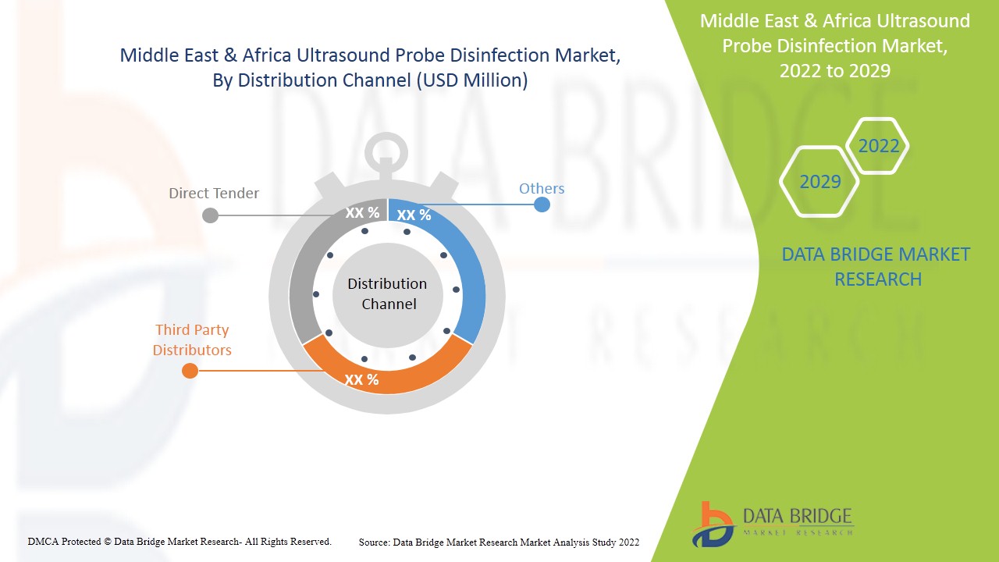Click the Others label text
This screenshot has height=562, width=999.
542,188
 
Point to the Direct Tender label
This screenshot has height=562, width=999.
214,193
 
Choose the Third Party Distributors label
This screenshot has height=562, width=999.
192,340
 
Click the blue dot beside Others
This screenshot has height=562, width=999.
542,205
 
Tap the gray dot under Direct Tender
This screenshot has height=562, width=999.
210,215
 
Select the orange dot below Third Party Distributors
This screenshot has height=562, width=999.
190,370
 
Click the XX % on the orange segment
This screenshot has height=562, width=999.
362,379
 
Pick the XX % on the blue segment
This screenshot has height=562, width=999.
414,215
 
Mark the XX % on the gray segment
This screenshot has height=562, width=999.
362,212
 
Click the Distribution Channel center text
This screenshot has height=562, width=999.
388,293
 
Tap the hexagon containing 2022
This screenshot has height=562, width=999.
878,146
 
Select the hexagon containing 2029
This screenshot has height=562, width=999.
819,182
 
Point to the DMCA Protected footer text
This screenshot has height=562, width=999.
180,541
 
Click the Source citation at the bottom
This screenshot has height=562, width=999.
499,542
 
